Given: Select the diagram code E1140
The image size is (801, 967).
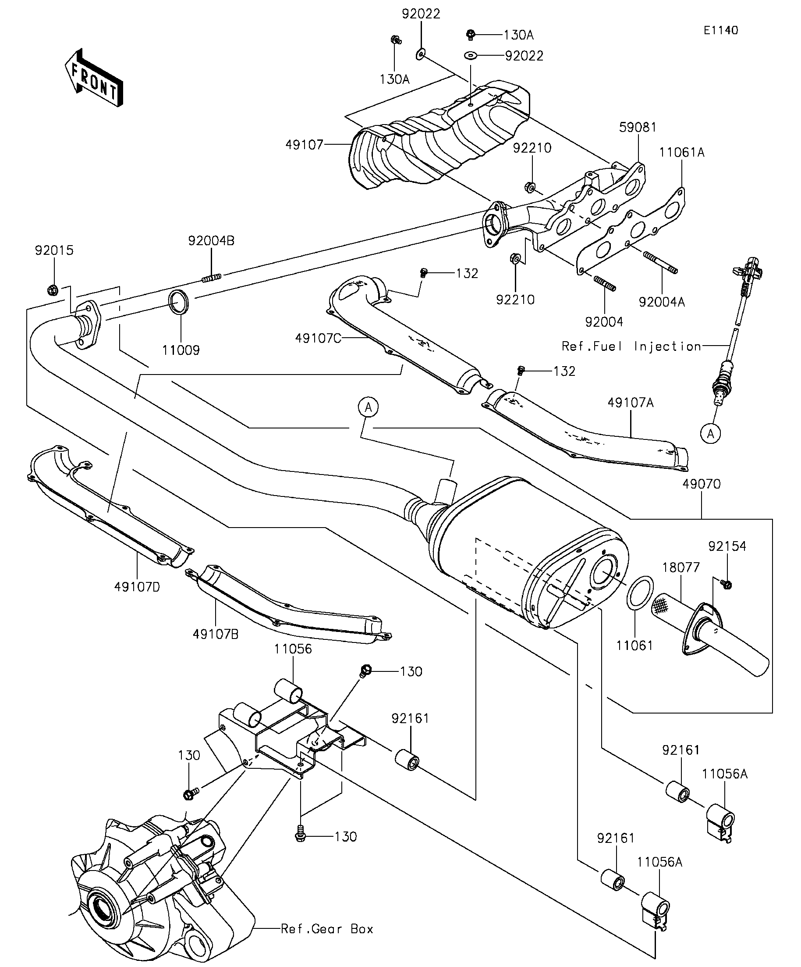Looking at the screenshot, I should click(720, 30).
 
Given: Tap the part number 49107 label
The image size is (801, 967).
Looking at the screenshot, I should click(304, 145).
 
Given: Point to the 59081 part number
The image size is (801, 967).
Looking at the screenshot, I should click(637, 127).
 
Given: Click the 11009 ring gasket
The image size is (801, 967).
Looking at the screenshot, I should click(181, 302).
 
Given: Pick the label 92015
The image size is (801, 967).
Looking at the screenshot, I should click(54, 250).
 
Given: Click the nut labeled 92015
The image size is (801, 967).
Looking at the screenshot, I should click(52, 290).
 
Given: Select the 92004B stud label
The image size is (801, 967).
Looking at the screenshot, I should click(211, 241).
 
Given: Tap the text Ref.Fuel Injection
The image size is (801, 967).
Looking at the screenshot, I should click(631, 346).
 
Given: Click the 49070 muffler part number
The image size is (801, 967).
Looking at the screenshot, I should click(701, 484).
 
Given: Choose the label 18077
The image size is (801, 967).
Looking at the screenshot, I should click(681, 567).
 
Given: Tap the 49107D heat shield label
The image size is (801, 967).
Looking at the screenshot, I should click(137, 587).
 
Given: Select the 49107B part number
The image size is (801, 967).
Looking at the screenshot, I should click(215, 634).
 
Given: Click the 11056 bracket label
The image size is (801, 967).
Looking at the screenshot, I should click(293, 649).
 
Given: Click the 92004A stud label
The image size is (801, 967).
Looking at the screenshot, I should click(662, 302).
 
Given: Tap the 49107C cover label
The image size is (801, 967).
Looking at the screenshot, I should click(319, 339).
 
